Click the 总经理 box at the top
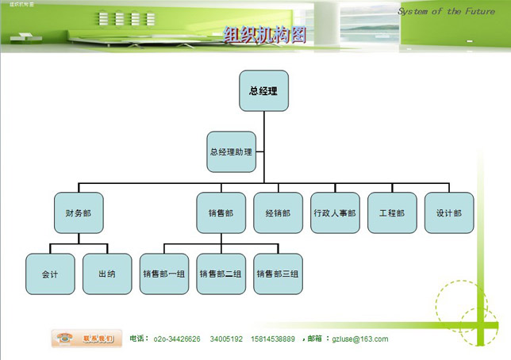pos(263,90)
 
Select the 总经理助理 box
pos(231,151)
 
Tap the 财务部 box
pos(79,213)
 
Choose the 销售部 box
pos(221,213)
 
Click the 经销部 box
pos(278,213)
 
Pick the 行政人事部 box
pos(335,213)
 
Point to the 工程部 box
pos(392,213)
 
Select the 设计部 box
pos(449,213)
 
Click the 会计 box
pos(50,274)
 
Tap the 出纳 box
pos(107,274)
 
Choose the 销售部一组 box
pos(164,274)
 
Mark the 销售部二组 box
pos(221,274)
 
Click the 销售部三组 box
pos(278,274)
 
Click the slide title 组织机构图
pos(264,34)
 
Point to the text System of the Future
pos(446,12)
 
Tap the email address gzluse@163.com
pos(360,339)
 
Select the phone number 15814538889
pos(273,339)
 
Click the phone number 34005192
pos(226,339)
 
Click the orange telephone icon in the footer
pos(65,338)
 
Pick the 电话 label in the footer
pos(137,339)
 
